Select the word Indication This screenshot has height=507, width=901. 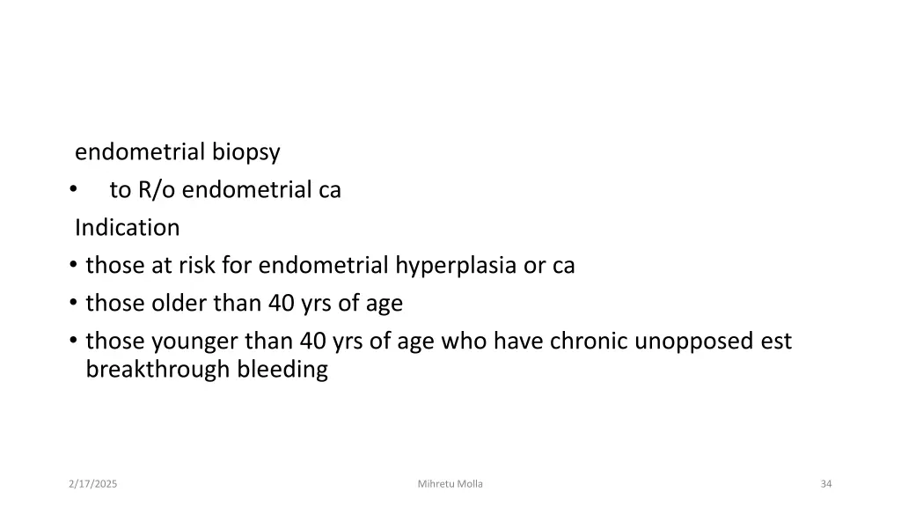click(x=127, y=228)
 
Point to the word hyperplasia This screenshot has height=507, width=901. click(x=456, y=266)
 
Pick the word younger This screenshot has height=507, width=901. click(x=194, y=341)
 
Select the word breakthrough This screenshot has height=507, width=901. click(x=157, y=370)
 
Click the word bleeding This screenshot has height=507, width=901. click(x=282, y=370)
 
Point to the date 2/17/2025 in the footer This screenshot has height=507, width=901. click(x=93, y=484)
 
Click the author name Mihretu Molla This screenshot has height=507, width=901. click(x=450, y=484)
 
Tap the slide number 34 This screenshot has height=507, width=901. click(x=825, y=484)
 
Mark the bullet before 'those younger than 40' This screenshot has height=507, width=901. click(x=71, y=342)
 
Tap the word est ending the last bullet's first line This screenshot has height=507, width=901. click(x=776, y=341)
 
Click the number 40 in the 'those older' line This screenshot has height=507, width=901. click(x=282, y=304)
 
